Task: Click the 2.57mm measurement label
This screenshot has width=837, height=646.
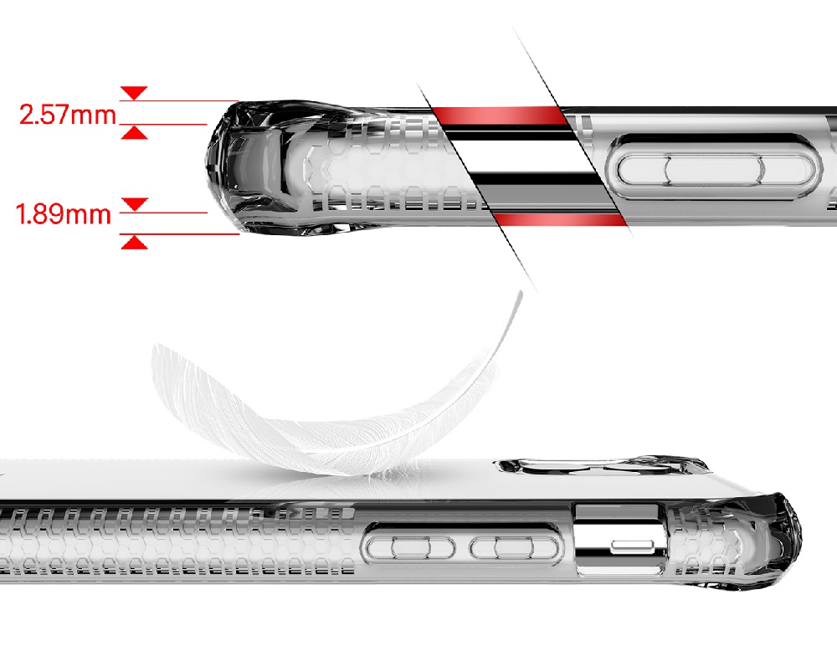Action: pos(68,115)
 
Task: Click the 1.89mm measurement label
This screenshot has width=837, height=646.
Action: pos(64,214)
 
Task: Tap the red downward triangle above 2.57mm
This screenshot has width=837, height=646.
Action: pos(134,93)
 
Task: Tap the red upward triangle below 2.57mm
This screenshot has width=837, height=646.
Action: pos(134,132)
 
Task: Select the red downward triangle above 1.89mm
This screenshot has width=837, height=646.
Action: pos(135,204)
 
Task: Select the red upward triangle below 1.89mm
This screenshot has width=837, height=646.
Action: pos(135,243)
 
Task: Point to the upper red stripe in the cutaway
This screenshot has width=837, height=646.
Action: pos(501,115)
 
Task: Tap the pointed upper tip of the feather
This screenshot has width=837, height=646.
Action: pos(521,291)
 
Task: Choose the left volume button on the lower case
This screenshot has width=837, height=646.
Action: pos(410,548)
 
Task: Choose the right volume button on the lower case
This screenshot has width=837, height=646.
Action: pos(515,548)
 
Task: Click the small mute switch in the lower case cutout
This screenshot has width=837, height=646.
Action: pos(634,546)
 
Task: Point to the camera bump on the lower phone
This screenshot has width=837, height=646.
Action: pos(603,465)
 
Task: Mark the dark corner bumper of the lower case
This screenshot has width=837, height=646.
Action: pos(758,539)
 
